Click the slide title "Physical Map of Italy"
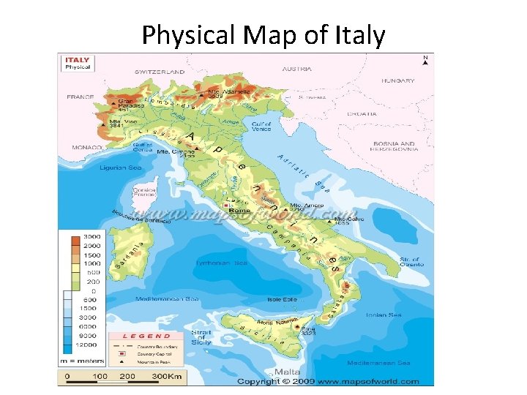coord(263,34)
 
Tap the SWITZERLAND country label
coord(160,72)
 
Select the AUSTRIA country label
coord(296,69)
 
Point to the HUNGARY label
coord(397,80)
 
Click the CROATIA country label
coord(362,113)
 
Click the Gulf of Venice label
coord(261,127)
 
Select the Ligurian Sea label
coord(121,168)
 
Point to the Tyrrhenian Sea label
coord(222,263)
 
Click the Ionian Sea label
coord(384,315)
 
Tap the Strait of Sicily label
coord(201,336)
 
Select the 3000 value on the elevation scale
coord(91,238)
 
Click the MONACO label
coord(86,147)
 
